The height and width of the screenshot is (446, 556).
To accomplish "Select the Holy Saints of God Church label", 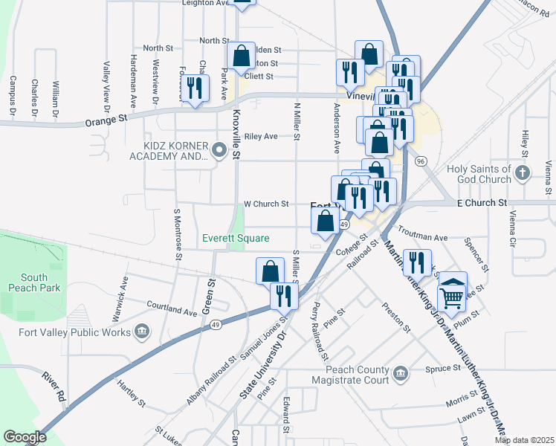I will [479, 174].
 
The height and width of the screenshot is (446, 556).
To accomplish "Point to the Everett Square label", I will [236, 238].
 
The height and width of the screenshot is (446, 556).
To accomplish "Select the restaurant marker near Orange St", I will [194, 88].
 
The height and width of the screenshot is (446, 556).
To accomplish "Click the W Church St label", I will [265, 204].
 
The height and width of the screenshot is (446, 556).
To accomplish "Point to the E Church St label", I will [481, 202].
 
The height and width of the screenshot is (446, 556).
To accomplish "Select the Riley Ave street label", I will [261, 137].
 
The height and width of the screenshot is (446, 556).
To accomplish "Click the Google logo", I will [25, 437].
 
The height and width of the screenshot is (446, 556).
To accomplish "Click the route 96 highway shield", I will [421, 161].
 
